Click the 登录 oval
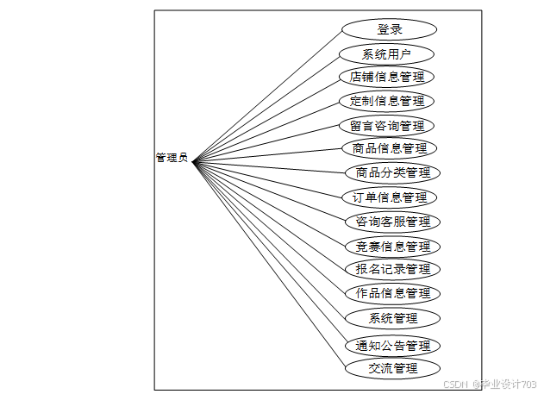click(x=390, y=29)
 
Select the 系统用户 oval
click(x=386, y=54)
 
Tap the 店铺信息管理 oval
click(x=386, y=77)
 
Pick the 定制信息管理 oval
click(x=386, y=101)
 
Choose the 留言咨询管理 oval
click(x=386, y=126)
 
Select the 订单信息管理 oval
click(x=390, y=197)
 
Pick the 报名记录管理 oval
click(x=393, y=269)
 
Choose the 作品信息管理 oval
click(x=393, y=293)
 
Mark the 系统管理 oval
click(x=393, y=318)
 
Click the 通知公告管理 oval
click(x=393, y=346)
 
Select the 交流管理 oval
click(x=393, y=369)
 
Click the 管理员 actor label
click(x=172, y=158)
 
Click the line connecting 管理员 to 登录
click(x=267, y=95)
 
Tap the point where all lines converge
click(x=193, y=160)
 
